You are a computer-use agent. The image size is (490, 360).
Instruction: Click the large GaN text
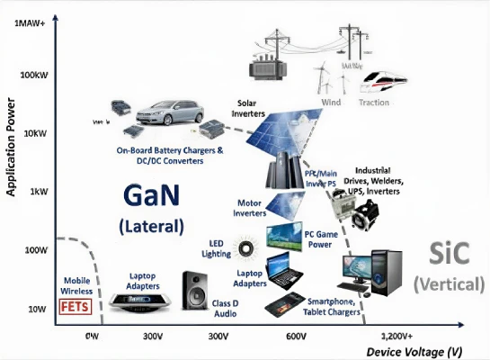150,195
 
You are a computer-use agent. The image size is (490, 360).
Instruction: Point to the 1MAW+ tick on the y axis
27,24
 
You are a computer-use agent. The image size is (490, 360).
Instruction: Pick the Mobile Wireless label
77,285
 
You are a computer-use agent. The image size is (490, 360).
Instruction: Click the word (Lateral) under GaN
151,225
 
